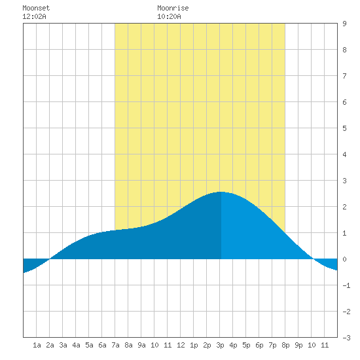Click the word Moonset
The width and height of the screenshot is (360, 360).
[x=36, y=8]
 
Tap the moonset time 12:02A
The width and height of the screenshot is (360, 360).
[x=34, y=16]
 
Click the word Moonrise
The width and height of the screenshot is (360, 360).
[x=173, y=8]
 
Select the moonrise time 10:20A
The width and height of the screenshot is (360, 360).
[x=169, y=16]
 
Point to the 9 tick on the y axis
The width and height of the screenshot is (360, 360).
[x=344, y=24]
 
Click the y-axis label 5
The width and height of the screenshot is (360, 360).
[x=344, y=128]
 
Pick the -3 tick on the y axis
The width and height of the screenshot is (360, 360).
[x=346, y=338]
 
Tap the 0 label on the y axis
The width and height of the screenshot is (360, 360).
[x=344, y=259]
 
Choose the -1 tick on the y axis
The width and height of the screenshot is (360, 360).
[x=346, y=285]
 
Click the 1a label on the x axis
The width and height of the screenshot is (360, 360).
[x=37, y=345]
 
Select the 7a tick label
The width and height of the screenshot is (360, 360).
[x=115, y=345]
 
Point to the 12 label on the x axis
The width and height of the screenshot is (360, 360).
[x=181, y=345]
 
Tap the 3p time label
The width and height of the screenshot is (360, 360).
[x=220, y=345]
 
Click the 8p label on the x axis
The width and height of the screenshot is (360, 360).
[x=285, y=345]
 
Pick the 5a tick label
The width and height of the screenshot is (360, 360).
[x=89, y=345]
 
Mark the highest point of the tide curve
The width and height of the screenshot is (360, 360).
[x=221, y=192]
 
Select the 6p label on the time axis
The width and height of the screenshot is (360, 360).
[x=259, y=345]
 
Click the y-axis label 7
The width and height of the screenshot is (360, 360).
[x=344, y=76]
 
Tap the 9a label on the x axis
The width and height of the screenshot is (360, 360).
[x=141, y=345]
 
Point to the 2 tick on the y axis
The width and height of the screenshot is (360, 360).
[x=344, y=207]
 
